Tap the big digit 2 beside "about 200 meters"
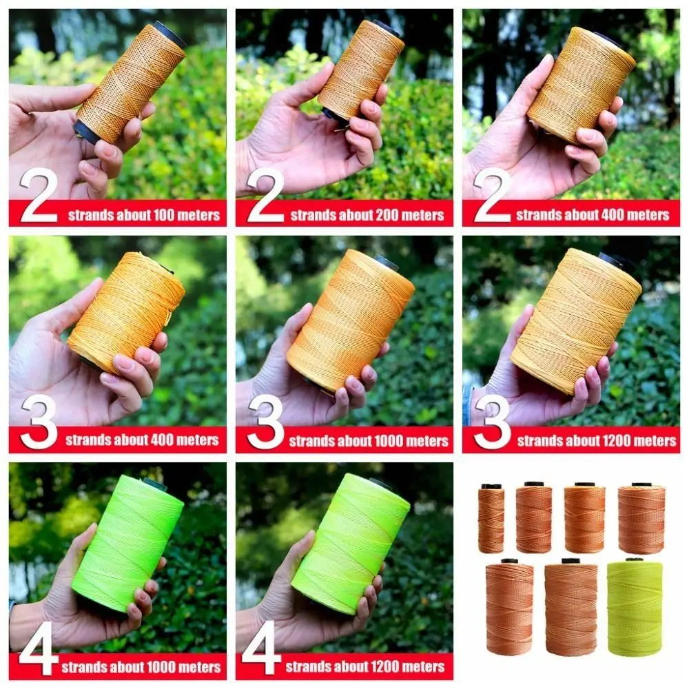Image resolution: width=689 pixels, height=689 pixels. (x=265, y=196)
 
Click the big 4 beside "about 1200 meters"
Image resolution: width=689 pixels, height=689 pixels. (x=261, y=648)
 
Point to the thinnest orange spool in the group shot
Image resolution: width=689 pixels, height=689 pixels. (x=491, y=520)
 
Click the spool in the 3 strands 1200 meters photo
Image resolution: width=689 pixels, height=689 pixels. (x=576, y=321)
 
